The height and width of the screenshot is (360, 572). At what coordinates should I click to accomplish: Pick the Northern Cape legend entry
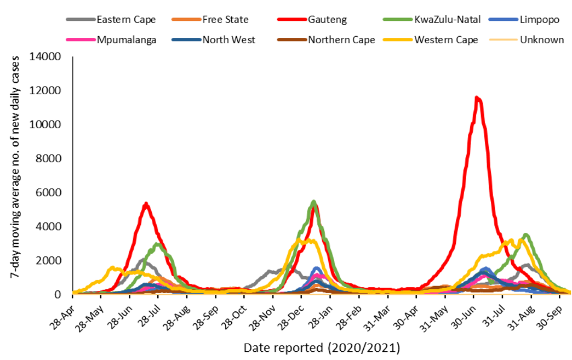coord(341,40)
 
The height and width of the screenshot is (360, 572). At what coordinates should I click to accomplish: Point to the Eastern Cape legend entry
coord(126,20)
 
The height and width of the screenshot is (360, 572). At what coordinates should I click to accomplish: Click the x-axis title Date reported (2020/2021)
coord(322,347)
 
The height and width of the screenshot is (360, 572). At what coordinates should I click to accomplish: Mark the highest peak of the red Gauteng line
coord(477,98)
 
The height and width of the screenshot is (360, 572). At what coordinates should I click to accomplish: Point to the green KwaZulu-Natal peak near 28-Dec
coord(313,201)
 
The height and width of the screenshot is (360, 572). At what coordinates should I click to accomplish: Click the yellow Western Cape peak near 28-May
coord(112,267)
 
